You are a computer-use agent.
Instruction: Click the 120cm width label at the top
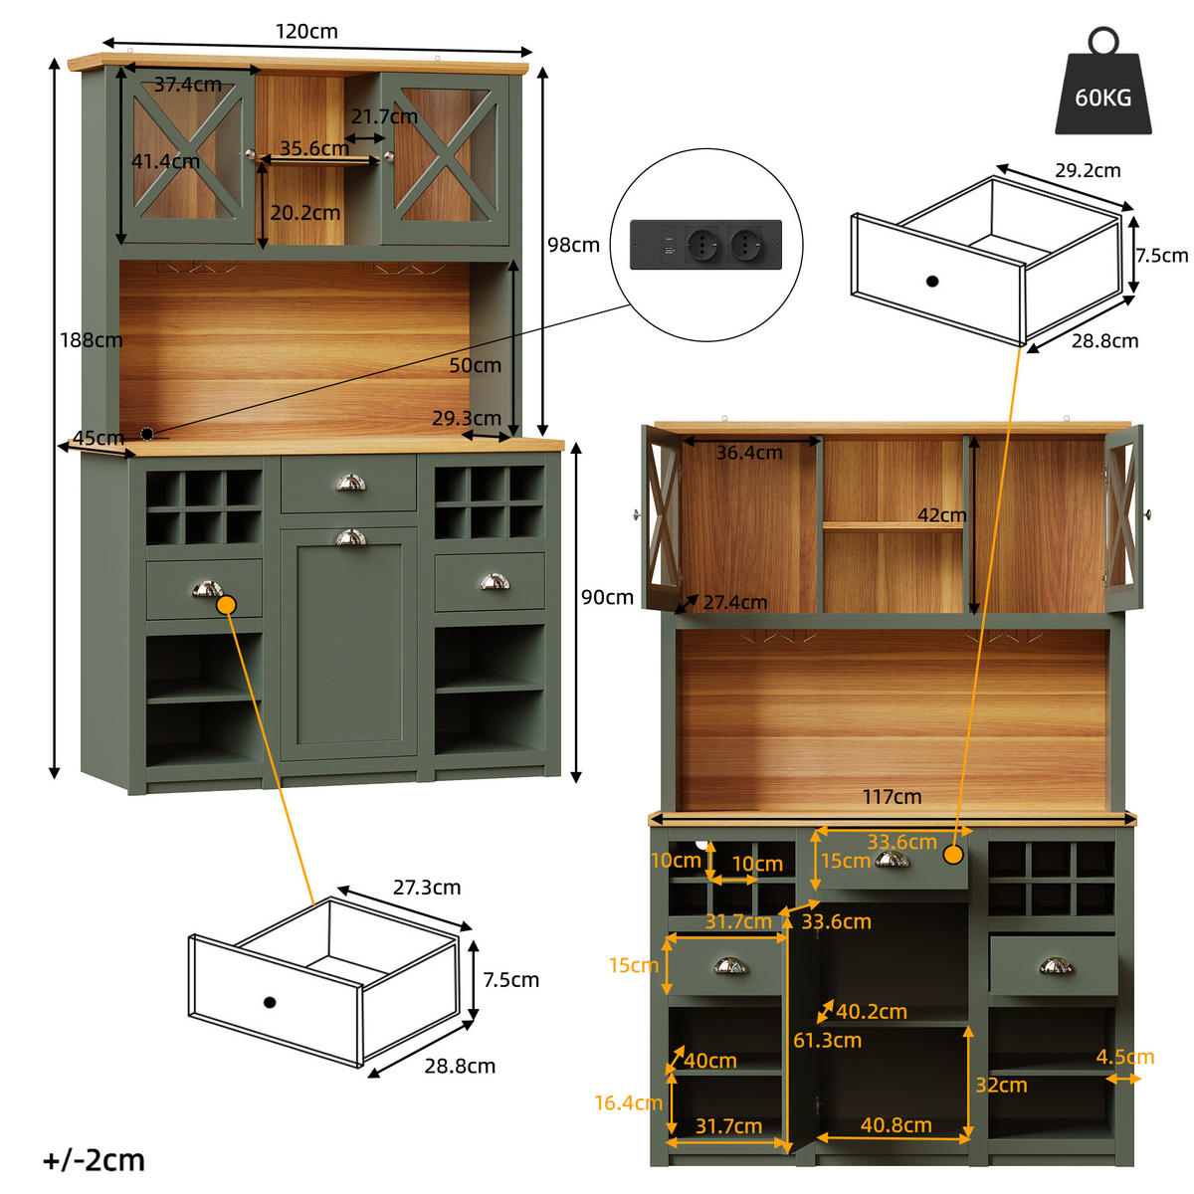tap(306, 32)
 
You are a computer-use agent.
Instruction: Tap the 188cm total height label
tap(91, 340)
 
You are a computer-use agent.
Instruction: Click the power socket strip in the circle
tap(705, 244)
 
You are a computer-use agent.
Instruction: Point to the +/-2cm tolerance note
tap(94, 1160)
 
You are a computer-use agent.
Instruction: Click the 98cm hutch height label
tap(573, 245)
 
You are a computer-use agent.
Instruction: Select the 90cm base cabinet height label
tap(607, 597)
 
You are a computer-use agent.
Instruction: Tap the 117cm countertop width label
tap(892, 797)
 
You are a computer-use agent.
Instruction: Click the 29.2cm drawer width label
tap(1088, 171)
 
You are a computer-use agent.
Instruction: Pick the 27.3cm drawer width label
tap(426, 888)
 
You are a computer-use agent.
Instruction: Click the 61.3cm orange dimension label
tap(827, 1041)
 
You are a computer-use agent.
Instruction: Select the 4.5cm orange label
tap(1124, 1057)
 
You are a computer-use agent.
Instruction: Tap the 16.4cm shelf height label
tap(628, 1102)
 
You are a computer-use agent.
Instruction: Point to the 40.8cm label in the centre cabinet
tap(895, 1125)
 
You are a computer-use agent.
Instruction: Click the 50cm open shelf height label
tap(475, 365)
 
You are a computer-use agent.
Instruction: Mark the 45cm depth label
tap(98, 438)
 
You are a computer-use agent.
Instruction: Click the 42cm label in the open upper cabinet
tap(941, 515)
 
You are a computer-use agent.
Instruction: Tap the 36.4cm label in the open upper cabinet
tap(749, 453)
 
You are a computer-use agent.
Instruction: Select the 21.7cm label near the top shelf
tap(383, 116)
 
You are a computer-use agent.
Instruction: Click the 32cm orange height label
tap(1001, 1086)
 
